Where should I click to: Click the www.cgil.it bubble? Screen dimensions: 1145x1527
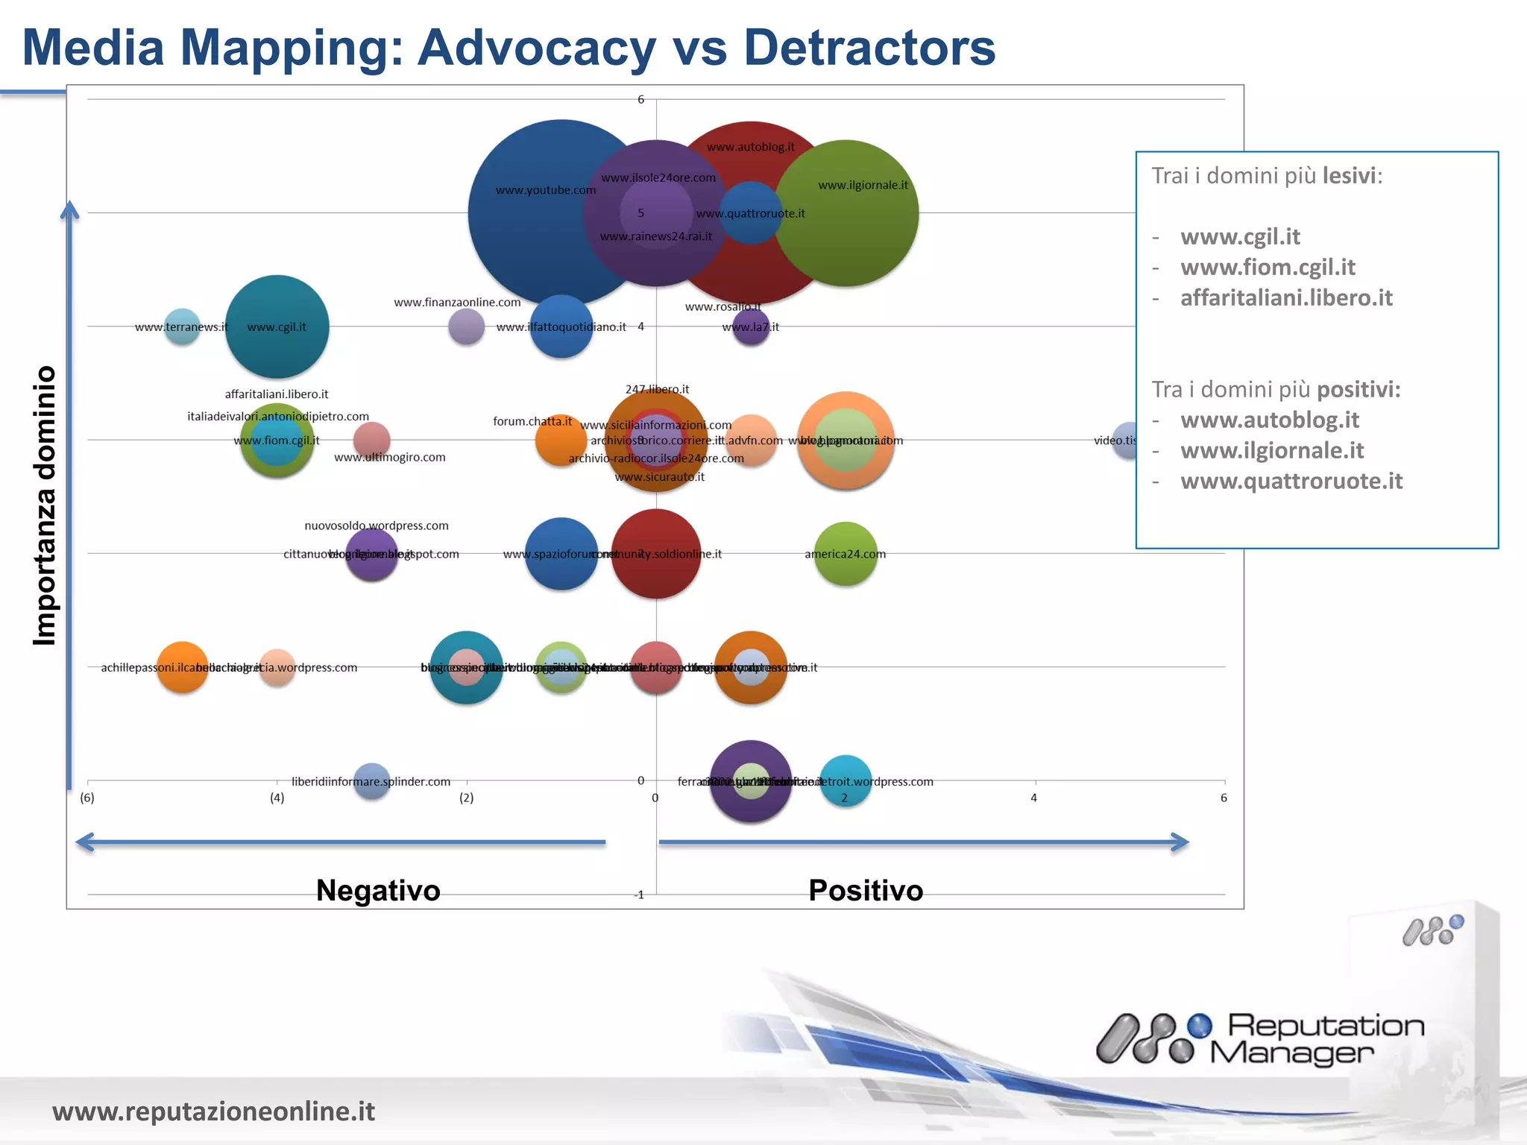277,327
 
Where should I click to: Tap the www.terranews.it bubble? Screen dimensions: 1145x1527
182,327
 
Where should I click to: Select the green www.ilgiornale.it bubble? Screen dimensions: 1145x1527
846,214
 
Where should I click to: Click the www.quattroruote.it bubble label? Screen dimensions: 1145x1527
750,214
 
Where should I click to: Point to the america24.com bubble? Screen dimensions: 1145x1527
845,554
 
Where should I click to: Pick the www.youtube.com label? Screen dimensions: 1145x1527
545,190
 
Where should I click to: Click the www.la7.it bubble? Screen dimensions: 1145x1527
750,327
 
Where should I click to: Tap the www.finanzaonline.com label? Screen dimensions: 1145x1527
457,302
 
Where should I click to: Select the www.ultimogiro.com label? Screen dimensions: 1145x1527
389,457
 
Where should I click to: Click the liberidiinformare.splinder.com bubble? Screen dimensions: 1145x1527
371,781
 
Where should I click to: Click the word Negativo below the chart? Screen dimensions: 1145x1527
378,891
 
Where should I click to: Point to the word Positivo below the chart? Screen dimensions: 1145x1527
866,891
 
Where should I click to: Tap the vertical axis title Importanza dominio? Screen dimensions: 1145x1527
45,505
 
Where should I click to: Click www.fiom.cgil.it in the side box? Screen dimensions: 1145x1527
1268,267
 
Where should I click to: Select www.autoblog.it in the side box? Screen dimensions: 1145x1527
1270,420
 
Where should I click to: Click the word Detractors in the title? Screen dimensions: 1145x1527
869,48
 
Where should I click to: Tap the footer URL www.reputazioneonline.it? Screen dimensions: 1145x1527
213,1111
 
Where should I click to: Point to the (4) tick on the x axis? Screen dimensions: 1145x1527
277,798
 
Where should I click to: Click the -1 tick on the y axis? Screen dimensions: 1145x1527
639,895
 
